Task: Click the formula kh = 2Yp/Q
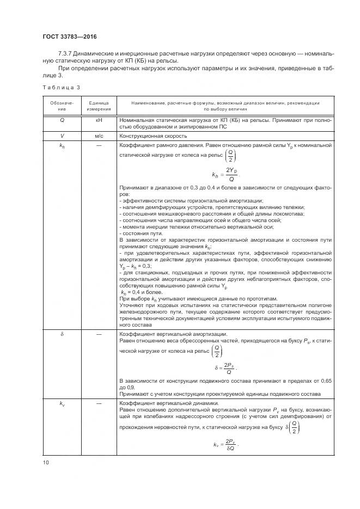225,175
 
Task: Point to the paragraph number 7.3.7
66,54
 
